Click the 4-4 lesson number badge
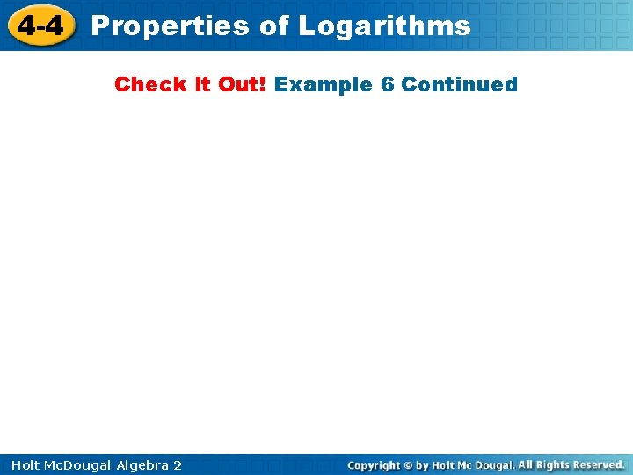click(x=41, y=26)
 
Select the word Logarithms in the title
click(x=384, y=26)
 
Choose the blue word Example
click(x=324, y=84)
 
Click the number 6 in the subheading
click(x=388, y=84)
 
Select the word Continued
click(x=460, y=84)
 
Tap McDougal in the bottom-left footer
click(x=80, y=464)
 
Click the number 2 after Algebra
click(x=178, y=464)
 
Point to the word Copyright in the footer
click(x=375, y=464)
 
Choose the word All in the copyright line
click(x=527, y=464)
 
